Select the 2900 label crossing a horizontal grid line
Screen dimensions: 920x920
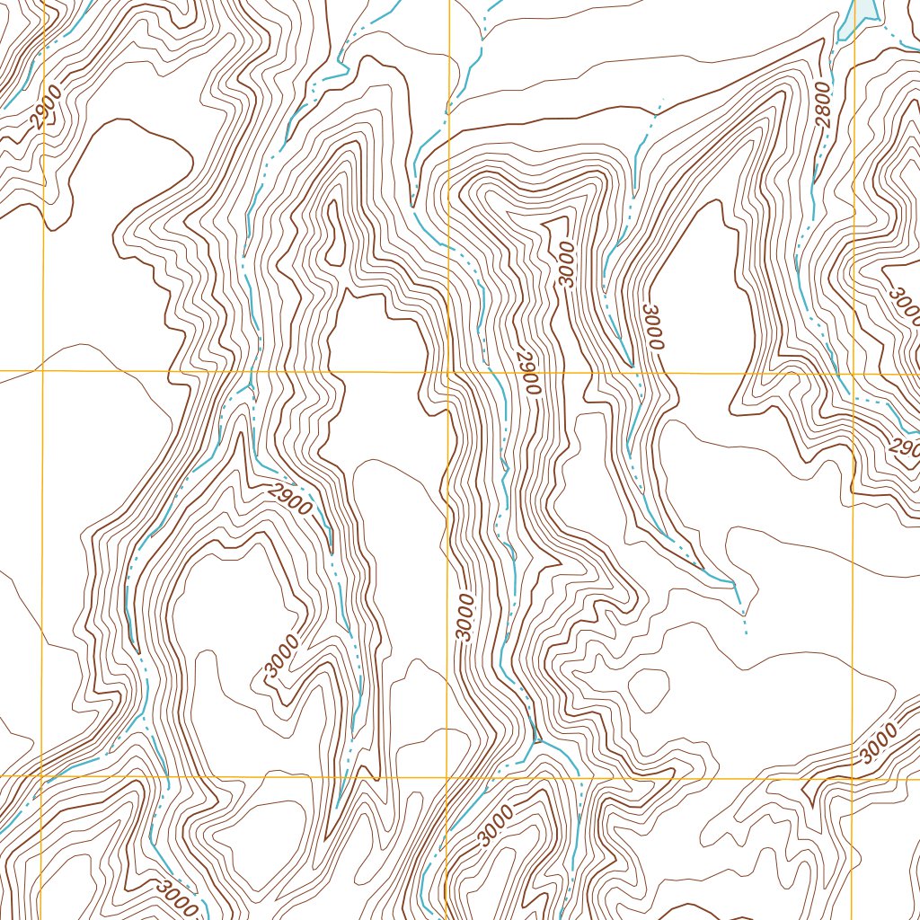(x=528, y=372)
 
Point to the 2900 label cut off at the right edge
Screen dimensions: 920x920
(x=902, y=447)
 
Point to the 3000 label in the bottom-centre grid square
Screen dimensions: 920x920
(x=496, y=826)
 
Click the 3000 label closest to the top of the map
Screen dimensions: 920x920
(x=564, y=263)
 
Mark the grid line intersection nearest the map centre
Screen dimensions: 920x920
(x=447, y=371)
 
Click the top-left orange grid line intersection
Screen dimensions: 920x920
(x=42, y=369)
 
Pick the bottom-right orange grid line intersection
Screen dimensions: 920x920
(x=853, y=778)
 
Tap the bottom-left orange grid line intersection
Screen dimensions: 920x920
(x=41, y=775)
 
